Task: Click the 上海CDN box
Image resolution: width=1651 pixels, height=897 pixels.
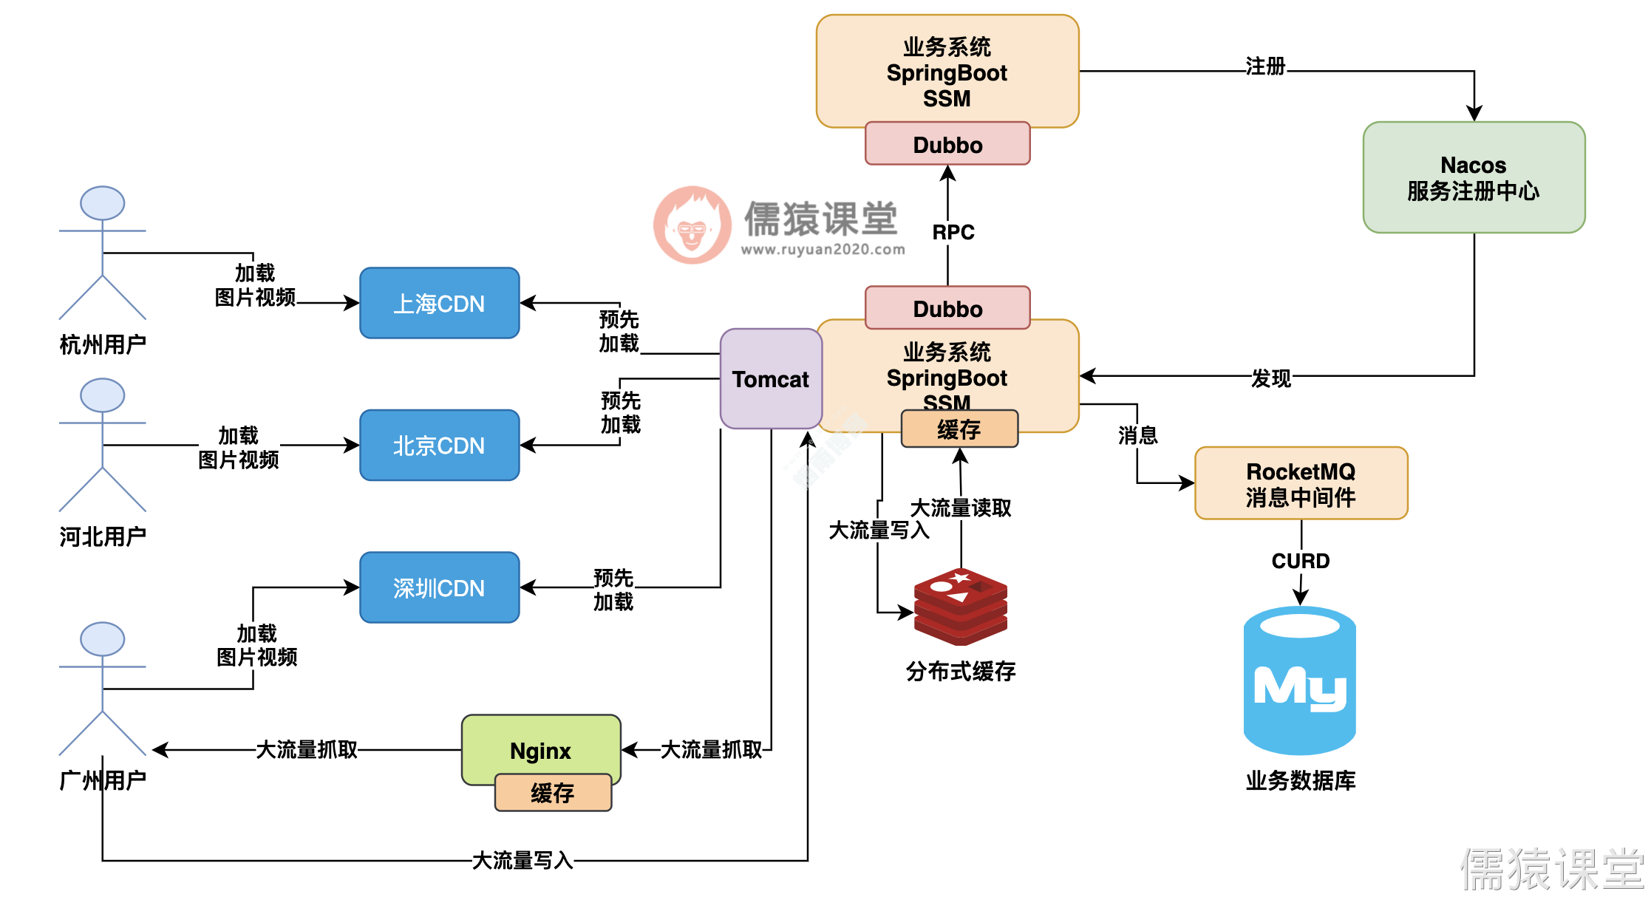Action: (x=439, y=303)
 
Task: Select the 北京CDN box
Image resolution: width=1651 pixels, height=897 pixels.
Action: (x=439, y=446)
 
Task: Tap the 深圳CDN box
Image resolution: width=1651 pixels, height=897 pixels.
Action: (x=439, y=587)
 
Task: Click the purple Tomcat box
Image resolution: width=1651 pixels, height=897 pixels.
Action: (x=770, y=379)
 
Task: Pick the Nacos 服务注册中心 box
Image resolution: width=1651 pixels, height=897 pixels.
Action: (x=1473, y=177)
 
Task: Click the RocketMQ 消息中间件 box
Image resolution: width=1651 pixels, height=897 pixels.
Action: (x=1301, y=483)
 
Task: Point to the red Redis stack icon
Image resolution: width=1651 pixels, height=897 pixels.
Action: (x=960, y=605)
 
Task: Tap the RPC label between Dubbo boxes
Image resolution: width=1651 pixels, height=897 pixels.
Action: (x=953, y=232)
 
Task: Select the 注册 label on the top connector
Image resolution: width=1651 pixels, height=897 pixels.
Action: (x=1265, y=66)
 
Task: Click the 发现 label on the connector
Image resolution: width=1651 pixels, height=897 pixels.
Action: (x=1270, y=378)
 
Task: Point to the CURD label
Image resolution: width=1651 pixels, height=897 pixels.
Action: (x=1300, y=561)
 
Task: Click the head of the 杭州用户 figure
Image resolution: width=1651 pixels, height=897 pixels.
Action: (x=102, y=203)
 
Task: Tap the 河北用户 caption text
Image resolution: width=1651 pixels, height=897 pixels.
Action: (x=103, y=536)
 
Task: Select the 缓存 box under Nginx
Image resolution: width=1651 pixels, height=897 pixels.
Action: (x=552, y=793)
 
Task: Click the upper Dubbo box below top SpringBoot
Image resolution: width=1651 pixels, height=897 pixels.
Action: (x=947, y=144)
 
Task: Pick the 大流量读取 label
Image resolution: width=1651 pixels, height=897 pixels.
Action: (x=960, y=508)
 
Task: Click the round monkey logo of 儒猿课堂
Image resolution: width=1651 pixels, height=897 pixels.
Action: (x=692, y=225)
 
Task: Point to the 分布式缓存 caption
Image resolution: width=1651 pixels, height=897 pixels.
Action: (x=960, y=671)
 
